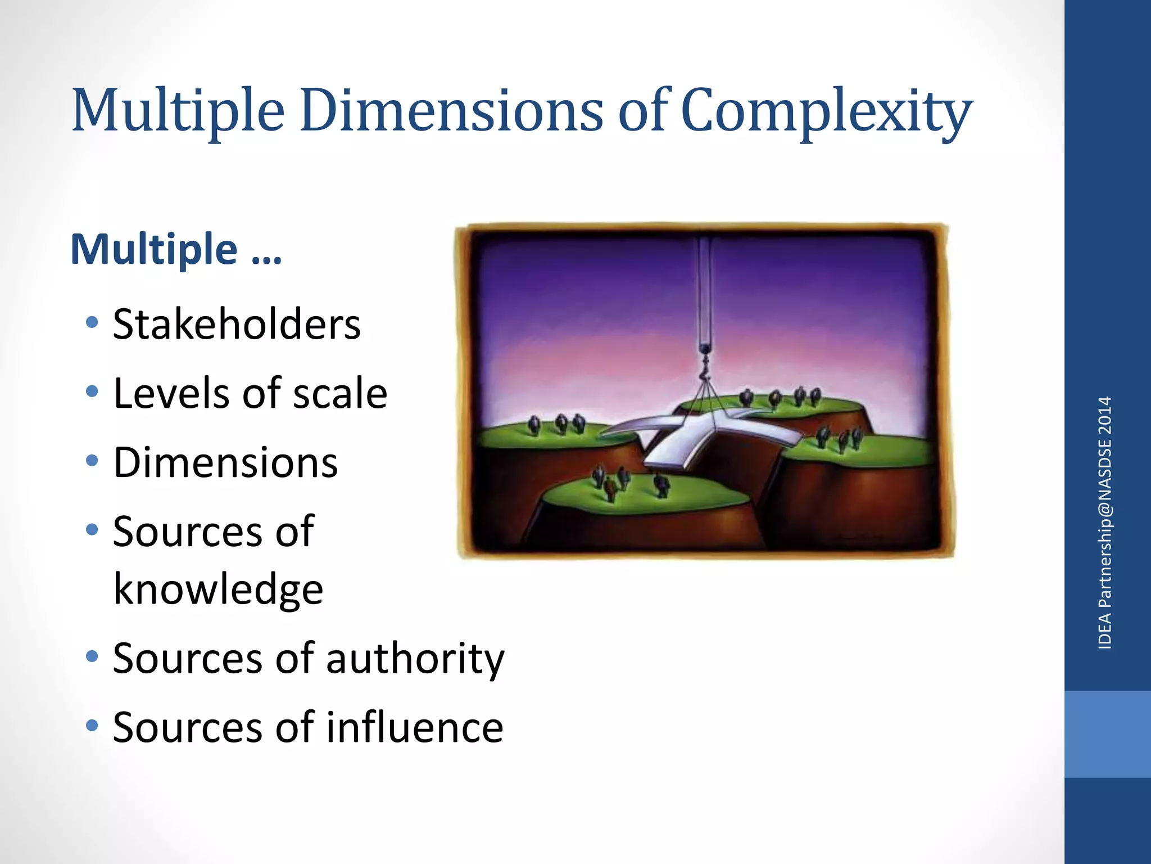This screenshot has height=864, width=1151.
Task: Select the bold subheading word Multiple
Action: point(154,249)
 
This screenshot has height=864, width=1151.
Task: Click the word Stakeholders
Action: point(237,325)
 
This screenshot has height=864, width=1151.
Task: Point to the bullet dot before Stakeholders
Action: point(92,322)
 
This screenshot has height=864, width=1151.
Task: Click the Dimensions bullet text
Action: point(225,462)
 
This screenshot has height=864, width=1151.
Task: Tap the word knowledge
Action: point(218,589)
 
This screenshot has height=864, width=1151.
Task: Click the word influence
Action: point(415,727)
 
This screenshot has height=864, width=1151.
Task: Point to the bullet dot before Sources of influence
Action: point(92,725)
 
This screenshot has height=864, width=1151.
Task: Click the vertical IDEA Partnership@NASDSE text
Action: point(1105,523)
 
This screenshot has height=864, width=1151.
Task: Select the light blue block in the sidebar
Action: point(1107,734)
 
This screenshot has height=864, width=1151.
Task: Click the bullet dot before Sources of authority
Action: point(92,656)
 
